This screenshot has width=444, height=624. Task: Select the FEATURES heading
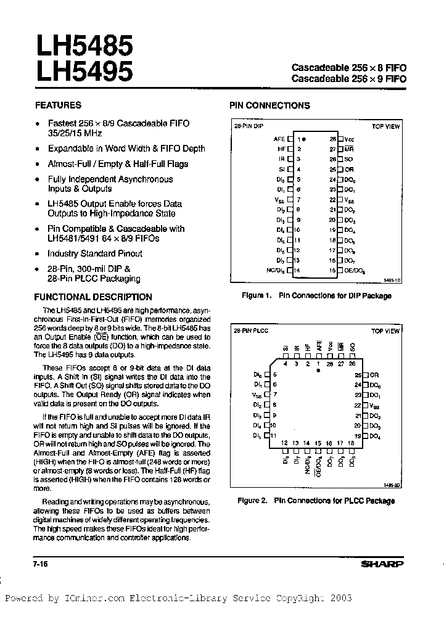(58, 105)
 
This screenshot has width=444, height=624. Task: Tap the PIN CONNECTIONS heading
(269, 105)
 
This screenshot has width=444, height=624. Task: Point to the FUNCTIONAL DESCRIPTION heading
(93, 297)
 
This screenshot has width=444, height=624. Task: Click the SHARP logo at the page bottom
(382, 564)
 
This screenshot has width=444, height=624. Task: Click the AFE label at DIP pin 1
(279, 139)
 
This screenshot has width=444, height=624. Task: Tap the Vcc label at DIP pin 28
(350, 139)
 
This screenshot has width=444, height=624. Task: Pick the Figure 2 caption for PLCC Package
(316, 501)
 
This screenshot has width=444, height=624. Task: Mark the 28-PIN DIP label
(248, 126)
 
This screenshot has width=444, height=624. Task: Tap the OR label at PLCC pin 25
(374, 374)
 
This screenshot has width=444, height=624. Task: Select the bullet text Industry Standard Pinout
(95, 253)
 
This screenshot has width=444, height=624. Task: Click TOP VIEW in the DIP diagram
(385, 126)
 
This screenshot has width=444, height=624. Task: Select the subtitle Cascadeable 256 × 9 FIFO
(348, 79)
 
